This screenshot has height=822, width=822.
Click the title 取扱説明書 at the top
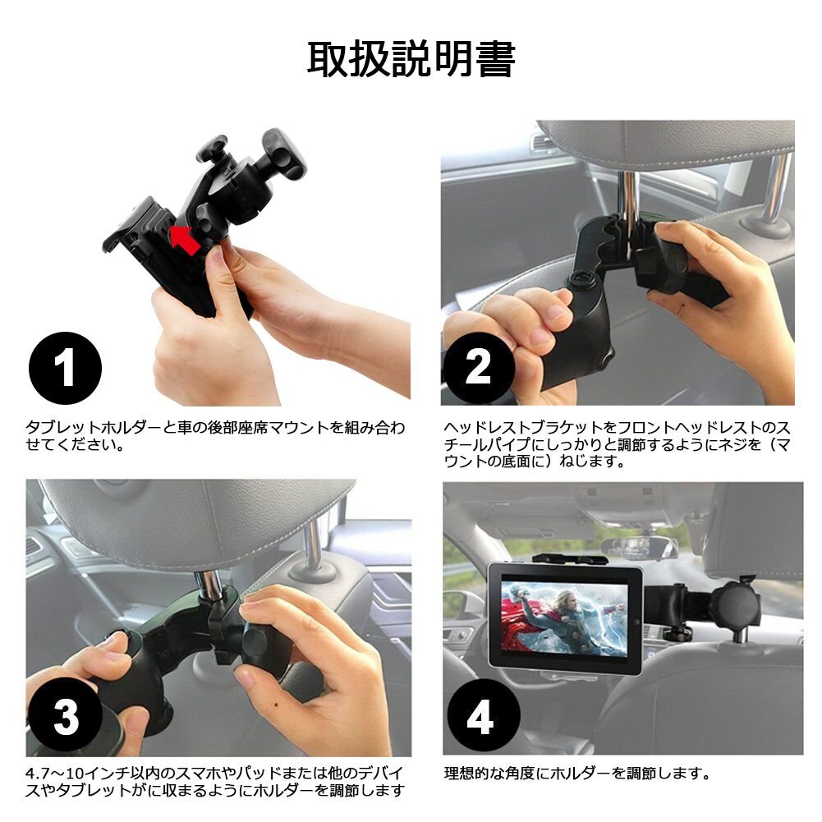click(411, 59)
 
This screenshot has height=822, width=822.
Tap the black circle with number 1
click(65, 368)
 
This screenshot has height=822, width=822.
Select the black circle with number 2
click(478, 368)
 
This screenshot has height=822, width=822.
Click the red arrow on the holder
click(185, 240)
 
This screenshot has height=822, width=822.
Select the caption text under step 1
click(215, 436)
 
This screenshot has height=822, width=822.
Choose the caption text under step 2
click(617, 444)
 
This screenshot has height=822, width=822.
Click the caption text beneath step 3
click(215, 782)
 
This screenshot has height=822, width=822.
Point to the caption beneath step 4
click(577, 773)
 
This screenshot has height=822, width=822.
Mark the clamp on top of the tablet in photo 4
click(563, 559)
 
